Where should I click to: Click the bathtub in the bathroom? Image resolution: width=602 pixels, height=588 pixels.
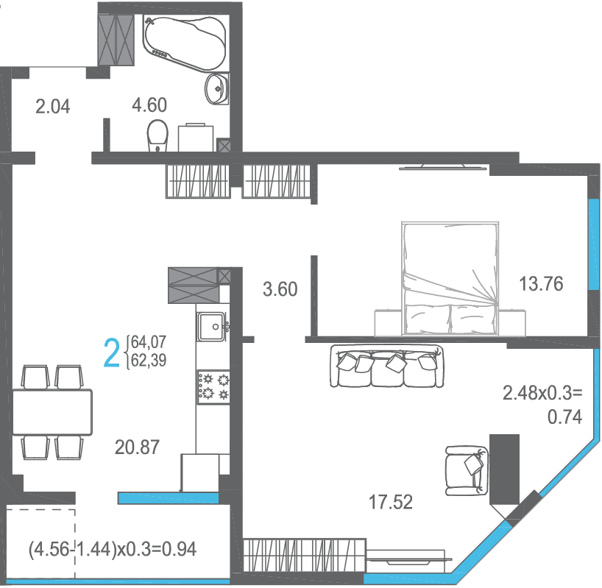184,43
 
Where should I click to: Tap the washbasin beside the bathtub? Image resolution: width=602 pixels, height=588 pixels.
217,89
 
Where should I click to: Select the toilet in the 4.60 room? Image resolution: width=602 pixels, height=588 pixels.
157,136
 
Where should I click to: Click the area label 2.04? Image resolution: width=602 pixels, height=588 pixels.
52,107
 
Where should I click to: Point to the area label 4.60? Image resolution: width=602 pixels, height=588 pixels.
149,105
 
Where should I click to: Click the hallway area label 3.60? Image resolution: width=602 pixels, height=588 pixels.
280,289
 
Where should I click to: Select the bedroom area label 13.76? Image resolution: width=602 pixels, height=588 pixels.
541,284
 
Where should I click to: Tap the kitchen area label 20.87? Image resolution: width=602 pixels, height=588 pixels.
137,447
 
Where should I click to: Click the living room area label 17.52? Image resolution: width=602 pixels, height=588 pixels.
391,502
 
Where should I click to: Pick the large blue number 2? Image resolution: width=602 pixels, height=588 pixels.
112,353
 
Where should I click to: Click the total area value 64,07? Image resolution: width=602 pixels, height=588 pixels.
149,341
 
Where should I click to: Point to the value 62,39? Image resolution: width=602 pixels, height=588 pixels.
149,361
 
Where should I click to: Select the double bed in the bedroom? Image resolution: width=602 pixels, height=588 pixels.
450,278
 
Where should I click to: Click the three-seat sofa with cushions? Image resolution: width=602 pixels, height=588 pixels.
386,366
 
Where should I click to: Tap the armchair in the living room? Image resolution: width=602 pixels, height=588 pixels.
467,470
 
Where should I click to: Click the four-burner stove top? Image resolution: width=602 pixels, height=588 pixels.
213,387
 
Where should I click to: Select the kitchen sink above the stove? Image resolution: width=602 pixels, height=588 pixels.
211,327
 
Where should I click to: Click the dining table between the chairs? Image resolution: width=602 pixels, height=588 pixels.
52,412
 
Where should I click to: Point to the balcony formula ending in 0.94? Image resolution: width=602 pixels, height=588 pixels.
113,549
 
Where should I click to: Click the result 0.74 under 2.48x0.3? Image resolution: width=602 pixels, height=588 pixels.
564,417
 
